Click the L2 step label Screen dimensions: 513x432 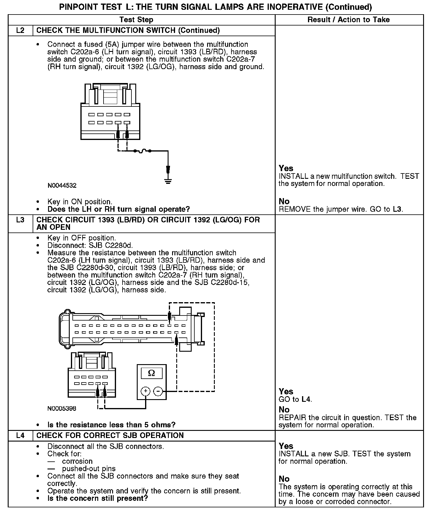pos(20,31)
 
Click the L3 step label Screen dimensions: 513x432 pos(20,220)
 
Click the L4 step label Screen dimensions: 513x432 pos(20,435)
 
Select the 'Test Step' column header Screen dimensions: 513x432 pos(136,20)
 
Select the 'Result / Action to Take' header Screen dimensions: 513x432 pos(348,20)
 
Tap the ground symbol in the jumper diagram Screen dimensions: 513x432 pos(168,181)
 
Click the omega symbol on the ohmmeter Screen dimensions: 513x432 pos(151,373)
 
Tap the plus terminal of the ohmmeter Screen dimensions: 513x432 pos(145,391)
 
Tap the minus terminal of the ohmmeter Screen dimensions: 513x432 pos(158,391)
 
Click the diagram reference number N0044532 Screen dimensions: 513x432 pos(62,186)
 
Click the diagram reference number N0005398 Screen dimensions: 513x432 pos(62,409)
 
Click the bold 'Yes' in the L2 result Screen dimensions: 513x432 pos(286,168)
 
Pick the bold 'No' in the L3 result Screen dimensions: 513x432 pos(284,410)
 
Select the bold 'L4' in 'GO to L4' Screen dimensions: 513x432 pos(306,399)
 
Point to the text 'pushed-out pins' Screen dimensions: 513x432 pos(89,469)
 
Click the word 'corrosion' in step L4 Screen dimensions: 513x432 pos(77,461)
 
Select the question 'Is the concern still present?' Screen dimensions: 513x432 pos(98,498)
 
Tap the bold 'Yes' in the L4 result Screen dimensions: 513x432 pos(286,446)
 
